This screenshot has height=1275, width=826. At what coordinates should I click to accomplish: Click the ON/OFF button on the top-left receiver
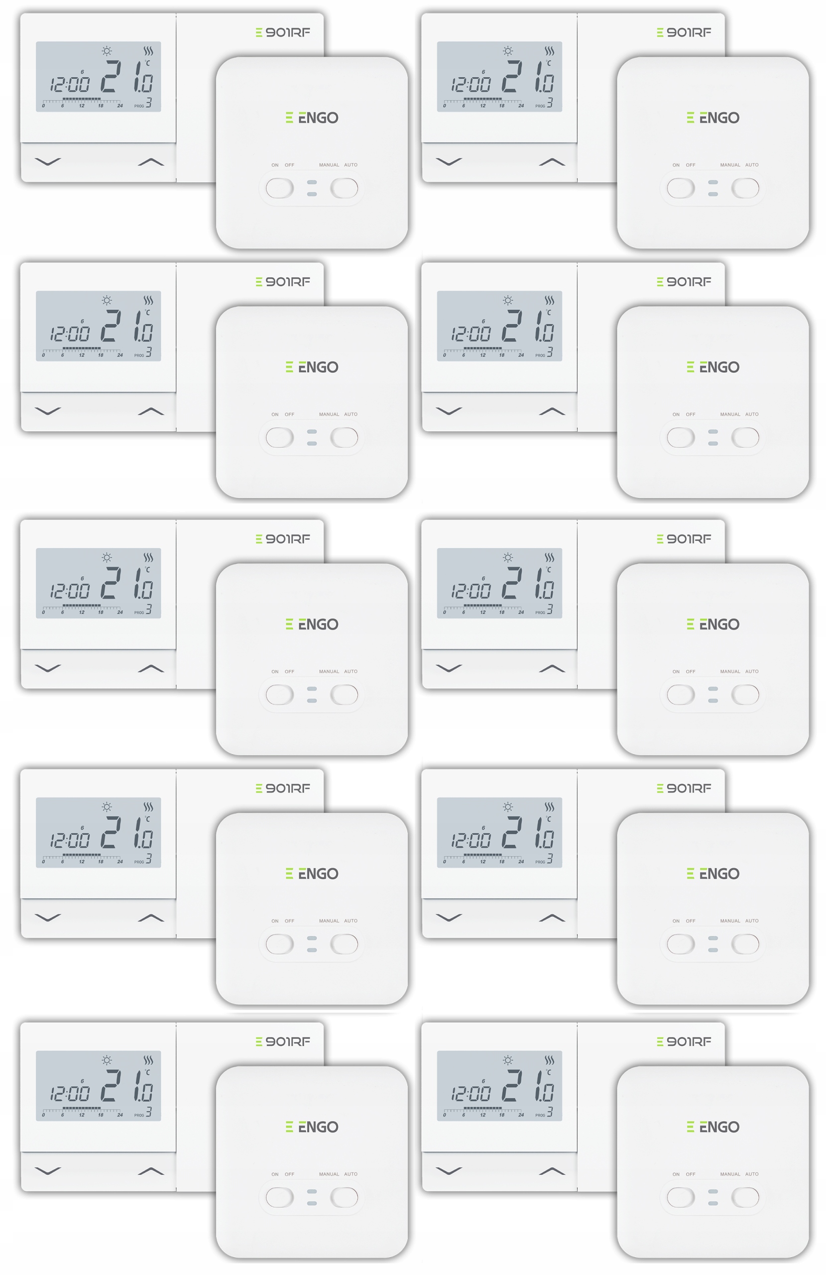(280, 188)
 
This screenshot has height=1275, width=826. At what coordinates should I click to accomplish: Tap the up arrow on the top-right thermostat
(552, 162)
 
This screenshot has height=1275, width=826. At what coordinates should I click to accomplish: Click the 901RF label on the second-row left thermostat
(283, 282)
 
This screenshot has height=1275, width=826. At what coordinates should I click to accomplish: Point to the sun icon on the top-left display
(107, 51)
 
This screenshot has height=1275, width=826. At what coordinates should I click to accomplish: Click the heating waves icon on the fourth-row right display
(549, 807)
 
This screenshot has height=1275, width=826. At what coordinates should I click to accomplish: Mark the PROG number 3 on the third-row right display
(550, 609)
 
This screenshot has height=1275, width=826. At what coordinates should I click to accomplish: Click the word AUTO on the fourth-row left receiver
(351, 921)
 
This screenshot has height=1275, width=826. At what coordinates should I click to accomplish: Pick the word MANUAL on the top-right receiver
(730, 165)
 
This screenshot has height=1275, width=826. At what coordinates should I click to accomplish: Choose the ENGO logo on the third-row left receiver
(312, 624)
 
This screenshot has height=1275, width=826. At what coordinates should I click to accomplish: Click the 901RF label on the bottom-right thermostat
(684, 1041)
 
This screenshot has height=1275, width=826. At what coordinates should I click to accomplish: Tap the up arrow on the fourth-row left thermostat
(150, 918)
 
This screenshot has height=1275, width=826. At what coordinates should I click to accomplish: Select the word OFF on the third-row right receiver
(691, 671)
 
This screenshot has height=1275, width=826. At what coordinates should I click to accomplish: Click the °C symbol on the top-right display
(548, 63)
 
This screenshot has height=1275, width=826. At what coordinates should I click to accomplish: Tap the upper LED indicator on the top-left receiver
(312, 182)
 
